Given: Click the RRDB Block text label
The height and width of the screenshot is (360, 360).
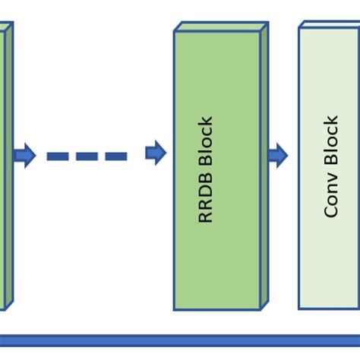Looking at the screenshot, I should tap(206, 169).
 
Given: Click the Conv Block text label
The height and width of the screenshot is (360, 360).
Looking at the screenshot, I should tap(331, 166).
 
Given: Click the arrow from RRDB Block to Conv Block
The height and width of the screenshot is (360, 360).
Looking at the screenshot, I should tap(278, 156).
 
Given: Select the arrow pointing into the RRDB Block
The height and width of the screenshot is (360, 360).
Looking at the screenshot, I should tap(156, 153).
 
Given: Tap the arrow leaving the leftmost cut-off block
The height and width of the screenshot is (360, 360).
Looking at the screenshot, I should tap(24, 156).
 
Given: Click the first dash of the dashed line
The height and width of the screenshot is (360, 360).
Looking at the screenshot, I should tap(58, 156).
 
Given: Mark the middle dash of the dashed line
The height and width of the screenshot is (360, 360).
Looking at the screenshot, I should tap(87, 156).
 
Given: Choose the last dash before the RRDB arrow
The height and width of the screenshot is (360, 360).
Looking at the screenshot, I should tap(115, 156).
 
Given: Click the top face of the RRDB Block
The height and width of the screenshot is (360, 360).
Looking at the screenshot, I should tap(221, 27).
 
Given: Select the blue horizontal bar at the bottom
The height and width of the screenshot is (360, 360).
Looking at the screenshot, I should tap(180, 341).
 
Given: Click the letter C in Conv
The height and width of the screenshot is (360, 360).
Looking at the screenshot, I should tap(331, 211).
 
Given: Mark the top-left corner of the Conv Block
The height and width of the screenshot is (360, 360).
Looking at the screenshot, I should tap(299, 29).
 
